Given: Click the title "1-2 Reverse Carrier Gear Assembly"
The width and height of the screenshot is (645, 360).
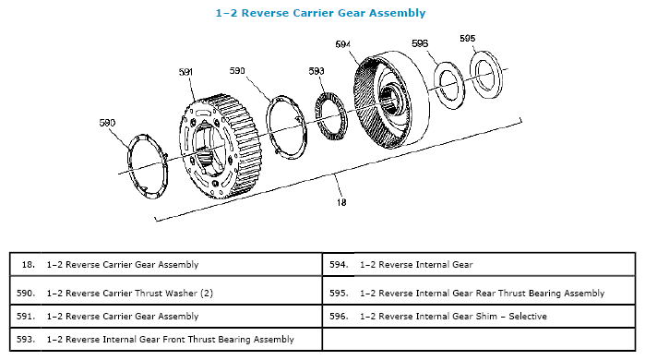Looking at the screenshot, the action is pyautogui.click(x=320, y=13).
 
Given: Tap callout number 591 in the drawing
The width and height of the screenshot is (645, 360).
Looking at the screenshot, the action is pyautogui.click(x=185, y=72).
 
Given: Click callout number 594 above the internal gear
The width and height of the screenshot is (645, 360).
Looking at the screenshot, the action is pyautogui.click(x=342, y=44).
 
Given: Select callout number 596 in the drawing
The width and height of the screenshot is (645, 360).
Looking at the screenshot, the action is pyautogui.click(x=420, y=43).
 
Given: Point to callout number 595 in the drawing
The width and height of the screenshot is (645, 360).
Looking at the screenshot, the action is pyautogui.click(x=467, y=38).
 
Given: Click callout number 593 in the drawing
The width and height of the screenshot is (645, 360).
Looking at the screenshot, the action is pyautogui.click(x=317, y=71).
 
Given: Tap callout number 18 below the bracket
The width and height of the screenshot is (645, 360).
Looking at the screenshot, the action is pyautogui.click(x=341, y=202).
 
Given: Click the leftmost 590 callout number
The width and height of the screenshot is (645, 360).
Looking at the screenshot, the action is pyautogui.click(x=107, y=123).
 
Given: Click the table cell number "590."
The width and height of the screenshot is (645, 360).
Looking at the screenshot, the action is pyautogui.click(x=26, y=294).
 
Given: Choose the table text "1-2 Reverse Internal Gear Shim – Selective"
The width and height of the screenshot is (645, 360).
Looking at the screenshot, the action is pyautogui.click(x=453, y=317).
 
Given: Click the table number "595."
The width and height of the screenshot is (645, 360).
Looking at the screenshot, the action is pyautogui.click(x=339, y=294).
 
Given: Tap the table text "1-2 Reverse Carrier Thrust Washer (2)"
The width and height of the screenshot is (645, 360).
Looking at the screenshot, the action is pyautogui.click(x=129, y=294).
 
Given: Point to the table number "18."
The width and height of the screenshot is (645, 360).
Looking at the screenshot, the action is pyautogui.click(x=28, y=265).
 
